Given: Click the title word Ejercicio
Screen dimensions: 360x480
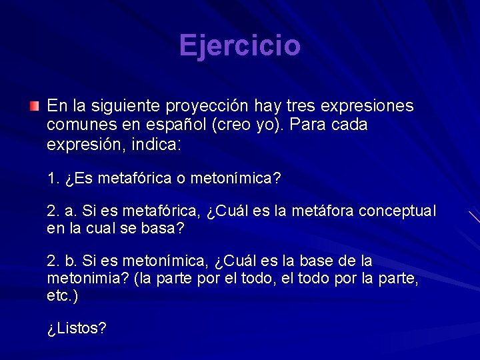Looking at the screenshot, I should coord(240,46).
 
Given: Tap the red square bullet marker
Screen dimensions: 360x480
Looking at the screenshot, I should coord(34,106).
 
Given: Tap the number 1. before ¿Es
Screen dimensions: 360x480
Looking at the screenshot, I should coord(54,179).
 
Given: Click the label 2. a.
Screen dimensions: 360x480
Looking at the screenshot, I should coord(63,211).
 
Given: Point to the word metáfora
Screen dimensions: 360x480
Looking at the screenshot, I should coord(322,211).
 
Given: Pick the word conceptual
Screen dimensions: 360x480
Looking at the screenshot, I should coord(397,211).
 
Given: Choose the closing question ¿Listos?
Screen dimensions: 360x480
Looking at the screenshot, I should coord(77,329).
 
